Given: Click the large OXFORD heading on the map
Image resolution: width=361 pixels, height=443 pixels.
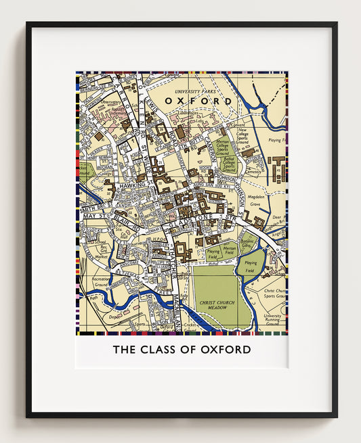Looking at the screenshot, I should click(198, 101).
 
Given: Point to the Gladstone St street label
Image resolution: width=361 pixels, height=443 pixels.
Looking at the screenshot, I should click(201, 218).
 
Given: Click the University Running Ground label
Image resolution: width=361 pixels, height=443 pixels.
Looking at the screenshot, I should click(273, 320).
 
